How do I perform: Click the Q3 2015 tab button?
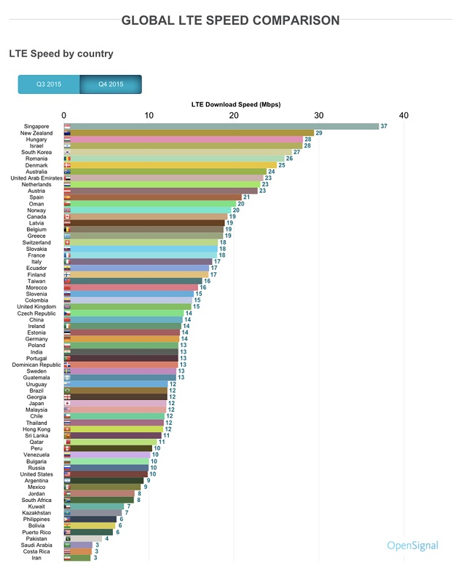click(x=49, y=84)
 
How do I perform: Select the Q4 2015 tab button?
click(x=111, y=84)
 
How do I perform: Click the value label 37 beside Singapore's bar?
click(x=384, y=126)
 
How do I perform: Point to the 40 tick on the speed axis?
click(x=403, y=115)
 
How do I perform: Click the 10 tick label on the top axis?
click(x=149, y=115)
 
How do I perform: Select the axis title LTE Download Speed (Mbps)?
click(x=235, y=104)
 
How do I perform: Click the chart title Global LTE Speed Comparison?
click(x=230, y=20)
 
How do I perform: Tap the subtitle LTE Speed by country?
click(x=61, y=54)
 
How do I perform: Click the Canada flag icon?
click(x=68, y=216)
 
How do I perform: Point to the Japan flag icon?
click(x=68, y=403)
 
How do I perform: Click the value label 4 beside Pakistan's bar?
click(x=106, y=538)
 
